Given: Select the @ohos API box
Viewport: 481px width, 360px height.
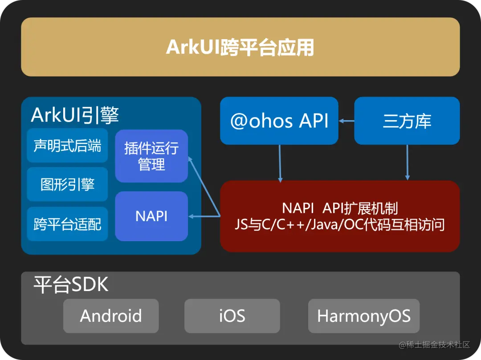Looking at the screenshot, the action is tap(279, 121).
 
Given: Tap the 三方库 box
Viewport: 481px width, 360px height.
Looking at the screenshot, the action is tap(407, 121).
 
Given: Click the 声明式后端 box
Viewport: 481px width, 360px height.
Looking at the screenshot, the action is tap(67, 146).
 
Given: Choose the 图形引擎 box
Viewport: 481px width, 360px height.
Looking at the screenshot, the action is tap(67, 184).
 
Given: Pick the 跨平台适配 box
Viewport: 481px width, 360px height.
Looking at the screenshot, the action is tap(67, 224).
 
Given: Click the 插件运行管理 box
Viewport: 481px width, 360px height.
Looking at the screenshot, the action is tap(151, 156).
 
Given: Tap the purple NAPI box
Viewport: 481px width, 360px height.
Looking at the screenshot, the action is tap(151, 216).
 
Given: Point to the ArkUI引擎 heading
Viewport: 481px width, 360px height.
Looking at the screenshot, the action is tap(75, 115).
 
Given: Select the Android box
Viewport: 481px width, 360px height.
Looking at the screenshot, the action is tap(111, 316).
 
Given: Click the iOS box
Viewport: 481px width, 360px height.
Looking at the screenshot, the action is tap(232, 316).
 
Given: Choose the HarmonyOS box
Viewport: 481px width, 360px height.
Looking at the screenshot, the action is tap(364, 316).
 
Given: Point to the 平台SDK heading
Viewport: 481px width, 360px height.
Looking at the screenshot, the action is tap(71, 285).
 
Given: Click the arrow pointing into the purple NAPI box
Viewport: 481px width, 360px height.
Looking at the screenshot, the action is tap(204, 216).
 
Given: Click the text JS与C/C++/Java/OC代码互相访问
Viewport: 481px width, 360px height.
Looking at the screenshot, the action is tap(340, 224).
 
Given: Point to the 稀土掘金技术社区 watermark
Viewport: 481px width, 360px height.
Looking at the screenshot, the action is tap(434, 345).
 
